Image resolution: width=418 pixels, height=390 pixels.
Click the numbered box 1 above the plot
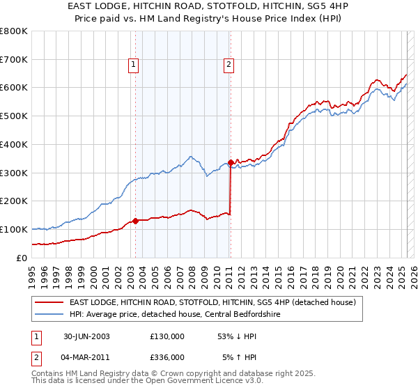(x=133, y=65)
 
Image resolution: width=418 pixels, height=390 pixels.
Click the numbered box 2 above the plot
(x=229, y=65)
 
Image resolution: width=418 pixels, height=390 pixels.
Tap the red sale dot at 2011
(x=230, y=162)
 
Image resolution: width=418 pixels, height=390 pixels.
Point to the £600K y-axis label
(x=14, y=88)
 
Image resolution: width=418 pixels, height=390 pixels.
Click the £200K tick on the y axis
(x=14, y=201)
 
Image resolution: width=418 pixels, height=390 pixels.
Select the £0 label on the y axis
(x=22, y=258)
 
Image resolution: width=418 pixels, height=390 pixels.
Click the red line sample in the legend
(x=49, y=302)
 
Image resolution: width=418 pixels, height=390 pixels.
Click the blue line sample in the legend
(x=49, y=314)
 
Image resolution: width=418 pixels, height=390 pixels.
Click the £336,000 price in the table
(x=167, y=357)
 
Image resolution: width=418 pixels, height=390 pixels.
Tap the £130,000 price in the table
(x=167, y=336)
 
